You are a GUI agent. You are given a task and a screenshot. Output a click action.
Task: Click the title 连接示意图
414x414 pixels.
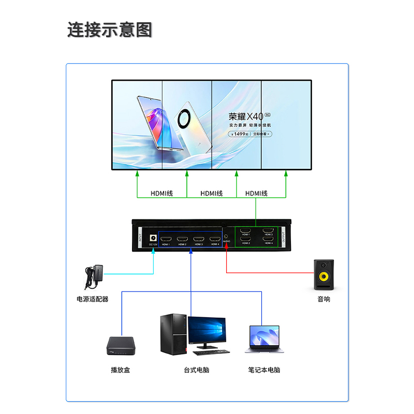[x=110, y=29]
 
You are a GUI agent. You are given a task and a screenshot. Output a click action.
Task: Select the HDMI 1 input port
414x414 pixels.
[x=166, y=239]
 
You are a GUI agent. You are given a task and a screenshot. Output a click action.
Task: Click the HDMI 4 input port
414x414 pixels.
[x=215, y=239]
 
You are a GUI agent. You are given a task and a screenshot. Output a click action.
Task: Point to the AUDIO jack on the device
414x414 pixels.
[x=227, y=236]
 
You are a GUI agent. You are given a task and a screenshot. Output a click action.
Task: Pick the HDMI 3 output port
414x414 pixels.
[x=268, y=230]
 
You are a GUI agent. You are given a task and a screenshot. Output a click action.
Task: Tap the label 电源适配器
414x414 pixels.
[x=93, y=299]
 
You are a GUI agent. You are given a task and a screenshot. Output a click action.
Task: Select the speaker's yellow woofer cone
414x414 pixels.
[x=324, y=277]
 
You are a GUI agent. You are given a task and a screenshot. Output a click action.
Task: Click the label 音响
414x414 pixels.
[x=324, y=299]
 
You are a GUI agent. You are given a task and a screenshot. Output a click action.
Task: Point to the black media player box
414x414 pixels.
[x=121, y=345]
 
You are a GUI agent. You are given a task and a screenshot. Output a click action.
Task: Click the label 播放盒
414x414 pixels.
[x=121, y=370]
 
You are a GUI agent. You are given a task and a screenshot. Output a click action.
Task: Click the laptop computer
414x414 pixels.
[x=264, y=339]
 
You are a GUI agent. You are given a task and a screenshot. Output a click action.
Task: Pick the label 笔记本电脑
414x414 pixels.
[x=264, y=370]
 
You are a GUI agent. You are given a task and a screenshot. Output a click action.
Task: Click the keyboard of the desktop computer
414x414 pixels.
[x=211, y=352]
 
